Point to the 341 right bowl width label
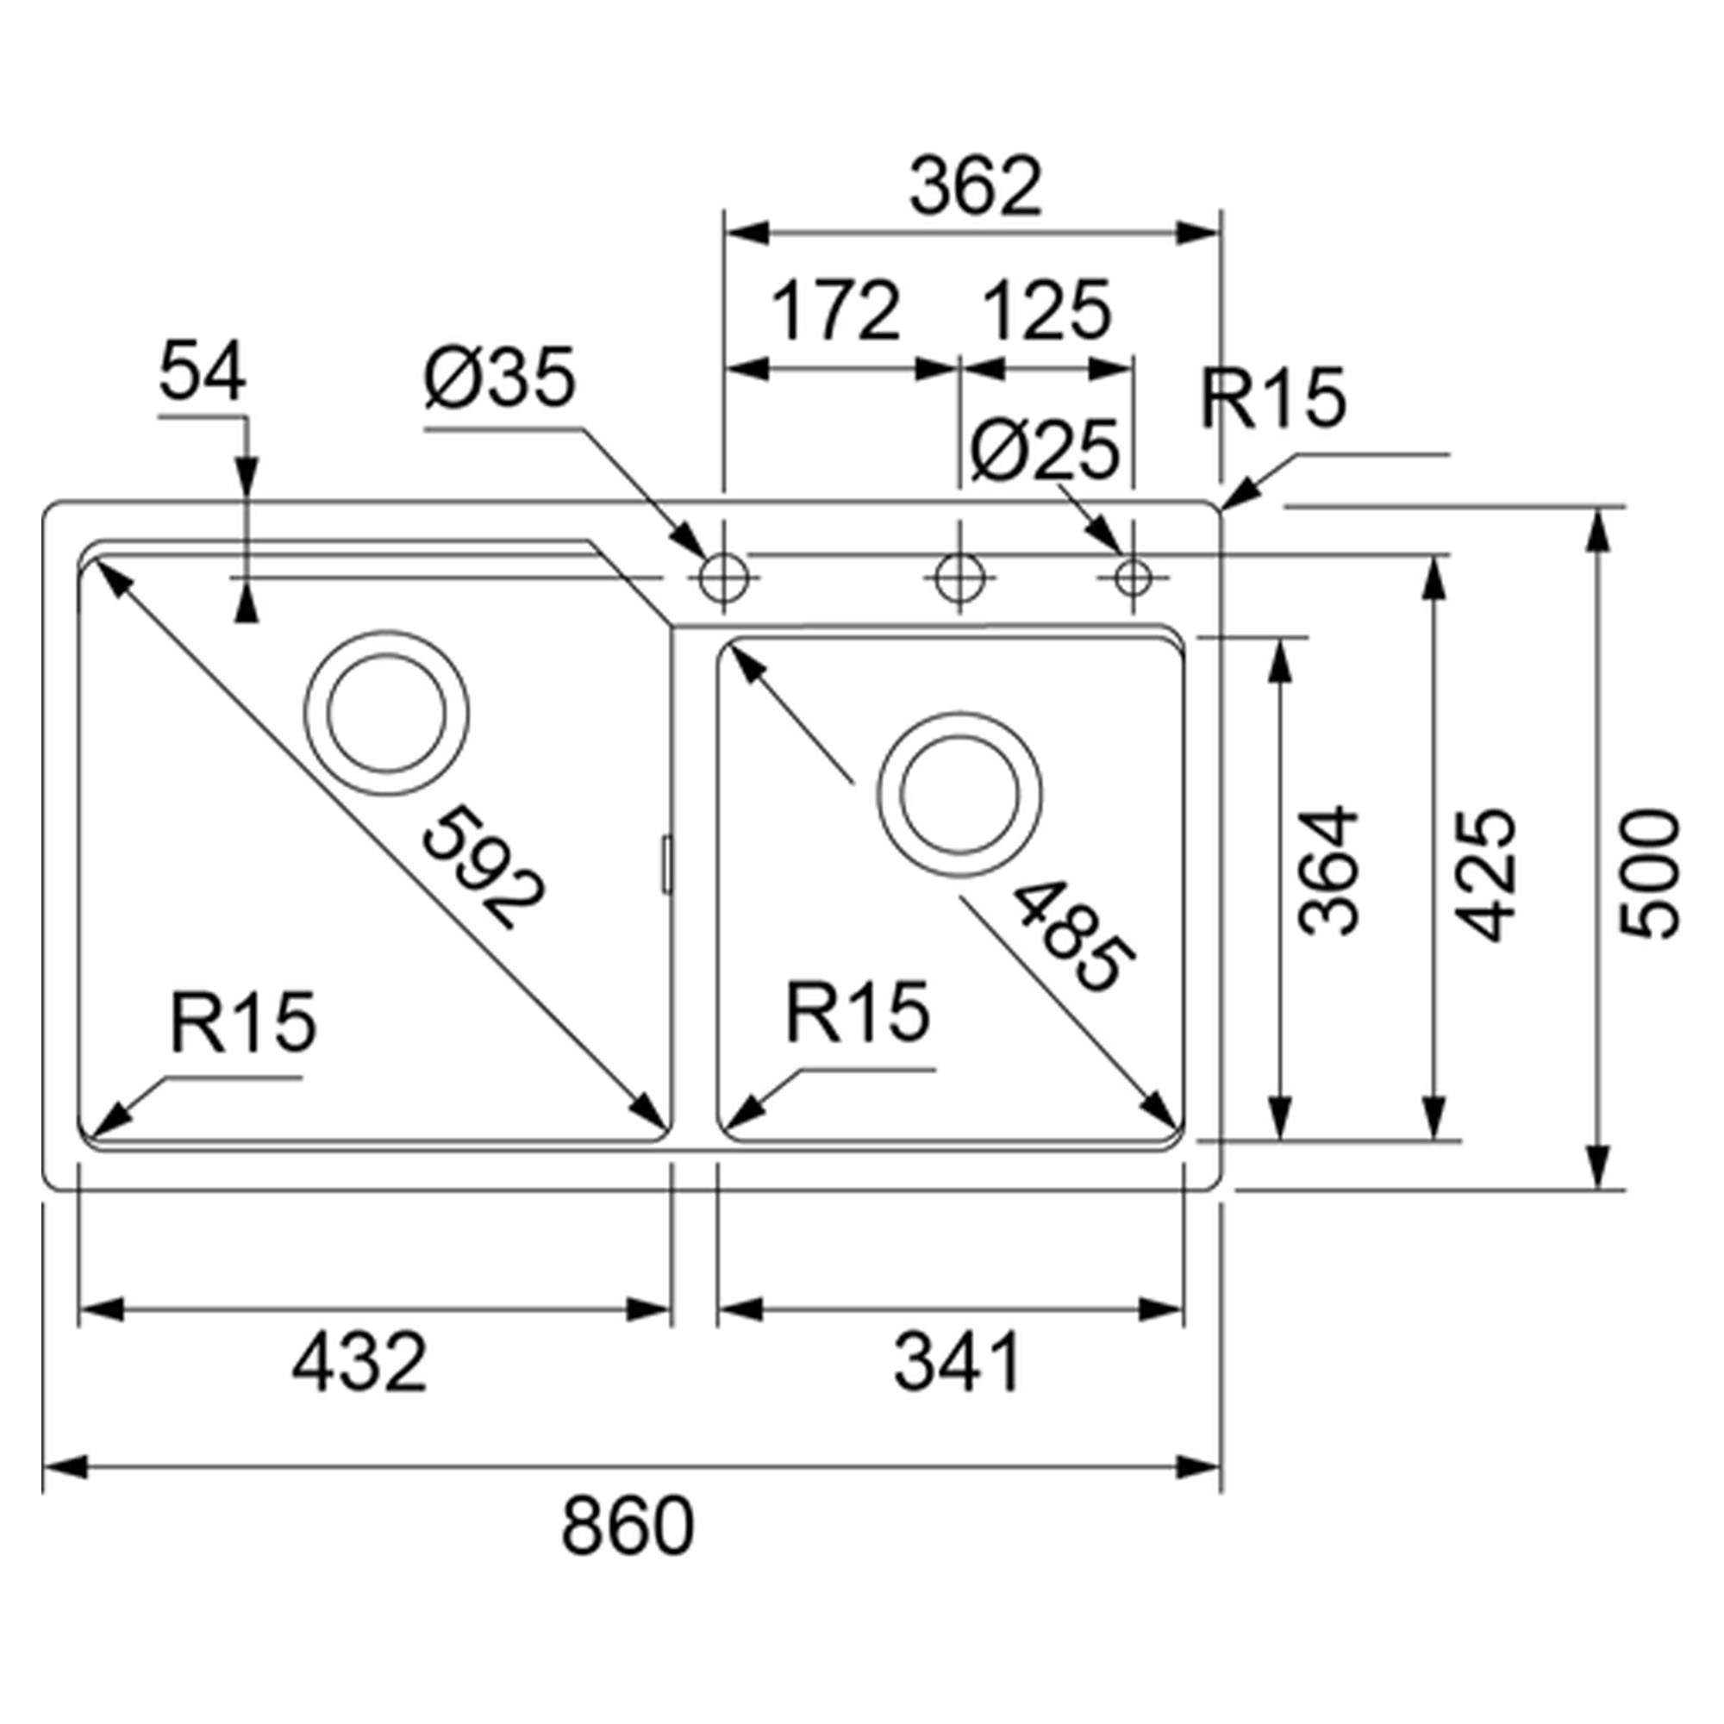958,1363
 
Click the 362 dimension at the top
975,188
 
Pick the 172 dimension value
835,312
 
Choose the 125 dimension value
1046,312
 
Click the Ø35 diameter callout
501,378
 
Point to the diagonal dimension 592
483,865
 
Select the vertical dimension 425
1486,874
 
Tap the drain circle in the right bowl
959,794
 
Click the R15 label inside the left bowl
243,1021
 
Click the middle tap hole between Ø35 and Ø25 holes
959,578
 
